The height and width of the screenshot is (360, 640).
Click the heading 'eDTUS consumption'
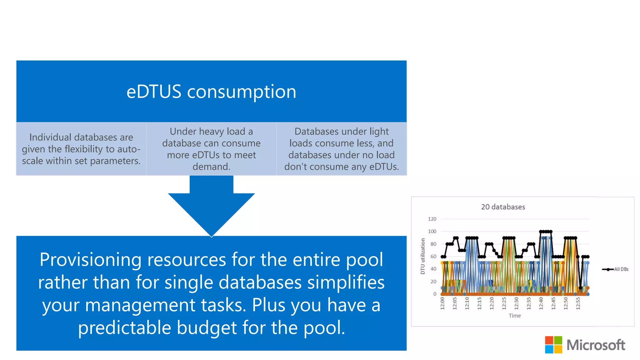pyautogui.click(x=211, y=92)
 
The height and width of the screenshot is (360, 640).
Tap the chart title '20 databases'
pyautogui.click(x=503, y=207)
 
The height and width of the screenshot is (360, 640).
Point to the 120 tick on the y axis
pyautogui.click(x=432, y=219)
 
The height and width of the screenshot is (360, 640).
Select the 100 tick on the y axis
pyautogui.click(x=432, y=232)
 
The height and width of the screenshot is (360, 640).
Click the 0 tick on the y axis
pyautogui.click(x=434, y=294)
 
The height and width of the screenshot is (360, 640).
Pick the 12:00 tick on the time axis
pyautogui.click(x=442, y=303)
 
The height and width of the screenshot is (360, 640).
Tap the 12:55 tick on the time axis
pyautogui.click(x=578, y=303)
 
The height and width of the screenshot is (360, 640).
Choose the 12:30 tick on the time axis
pyautogui.click(x=516, y=303)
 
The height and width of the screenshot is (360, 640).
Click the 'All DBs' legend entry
pyautogui.click(x=621, y=269)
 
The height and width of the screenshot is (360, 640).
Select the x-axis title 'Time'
pyautogui.click(x=515, y=316)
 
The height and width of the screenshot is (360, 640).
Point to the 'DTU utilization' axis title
pyautogui.click(x=423, y=256)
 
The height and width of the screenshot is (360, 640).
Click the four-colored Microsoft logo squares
pyautogui.click(x=553, y=345)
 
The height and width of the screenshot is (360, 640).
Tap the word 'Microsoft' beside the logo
pyautogui.click(x=596, y=345)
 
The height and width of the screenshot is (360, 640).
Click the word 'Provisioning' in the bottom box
pyautogui.click(x=91, y=260)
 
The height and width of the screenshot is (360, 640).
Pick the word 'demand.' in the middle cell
pyautogui.click(x=211, y=167)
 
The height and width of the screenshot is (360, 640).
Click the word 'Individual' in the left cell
pyautogui.click(x=50, y=137)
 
